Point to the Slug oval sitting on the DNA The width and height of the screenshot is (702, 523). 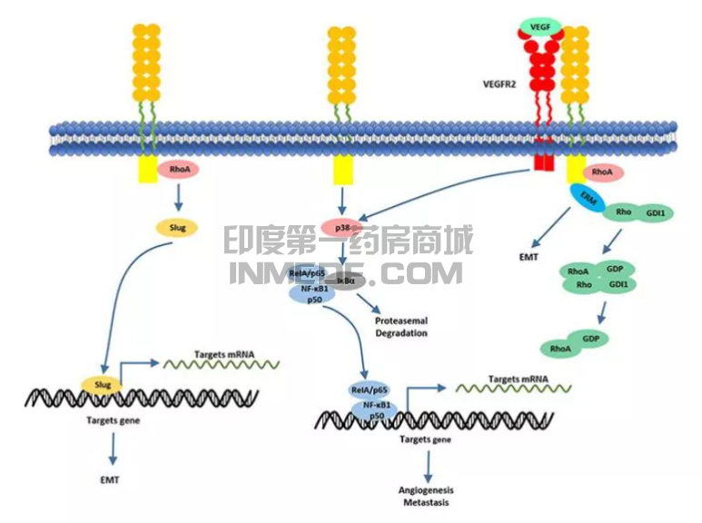(x=103, y=385)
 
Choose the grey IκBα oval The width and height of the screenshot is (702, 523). (x=346, y=281)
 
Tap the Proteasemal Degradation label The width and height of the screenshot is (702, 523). (x=401, y=327)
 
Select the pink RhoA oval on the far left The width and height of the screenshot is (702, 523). (x=178, y=168)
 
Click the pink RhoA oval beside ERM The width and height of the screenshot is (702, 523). (x=602, y=171)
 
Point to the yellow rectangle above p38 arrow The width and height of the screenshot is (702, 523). (x=342, y=169)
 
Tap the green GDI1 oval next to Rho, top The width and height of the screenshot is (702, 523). (x=656, y=213)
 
